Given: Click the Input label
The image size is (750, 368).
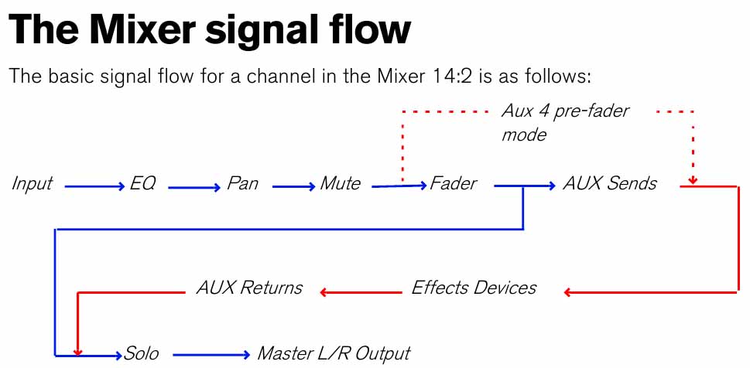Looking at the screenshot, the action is tap(32, 184).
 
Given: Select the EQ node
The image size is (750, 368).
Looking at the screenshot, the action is tap(142, 183).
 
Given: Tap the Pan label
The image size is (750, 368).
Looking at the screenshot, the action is tap(242, 183).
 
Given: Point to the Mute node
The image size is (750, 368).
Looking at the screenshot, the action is tap(340, 183).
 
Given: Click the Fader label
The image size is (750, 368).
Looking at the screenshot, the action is tap(453, 183).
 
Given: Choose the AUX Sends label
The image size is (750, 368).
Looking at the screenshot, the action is tap(610, 183).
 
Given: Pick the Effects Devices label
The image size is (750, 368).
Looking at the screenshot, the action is tap(474, 288).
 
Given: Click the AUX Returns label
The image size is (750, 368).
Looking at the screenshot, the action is tap(249, 288).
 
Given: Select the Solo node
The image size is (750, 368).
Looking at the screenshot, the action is tap(141, 353).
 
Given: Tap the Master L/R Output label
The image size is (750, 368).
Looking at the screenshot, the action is tap(334, 353).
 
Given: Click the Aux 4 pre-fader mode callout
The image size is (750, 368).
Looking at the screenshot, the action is tap(564, 122).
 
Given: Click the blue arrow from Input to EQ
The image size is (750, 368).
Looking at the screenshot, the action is tap(94, 187).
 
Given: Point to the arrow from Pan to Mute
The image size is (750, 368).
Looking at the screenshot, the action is tap(293, 187).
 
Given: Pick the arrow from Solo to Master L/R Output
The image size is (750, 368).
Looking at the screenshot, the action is tap(211, 355).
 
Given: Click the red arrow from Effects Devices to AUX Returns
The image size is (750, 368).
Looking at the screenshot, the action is tap(361, 292).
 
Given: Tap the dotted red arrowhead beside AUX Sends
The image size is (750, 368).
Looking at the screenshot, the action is tap(693, 181).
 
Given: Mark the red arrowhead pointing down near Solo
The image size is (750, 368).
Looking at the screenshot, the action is tap(78, 351).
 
